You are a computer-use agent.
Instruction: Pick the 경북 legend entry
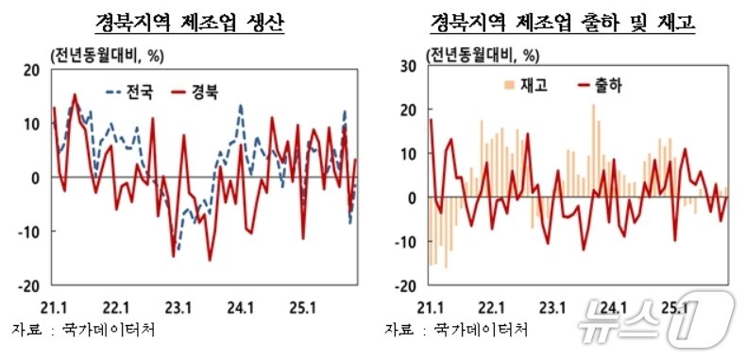[x=189, y=93]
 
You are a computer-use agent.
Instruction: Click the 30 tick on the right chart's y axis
[x=410, y=64]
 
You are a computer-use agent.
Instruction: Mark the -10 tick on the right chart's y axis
[x=406, y=242]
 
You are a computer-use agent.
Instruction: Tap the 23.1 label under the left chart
[x=178, y=307]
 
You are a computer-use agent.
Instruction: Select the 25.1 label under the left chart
[x=302, y=307]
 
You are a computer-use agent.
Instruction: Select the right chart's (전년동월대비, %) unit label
[x=485, y=55]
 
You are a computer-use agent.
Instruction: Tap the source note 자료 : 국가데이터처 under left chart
[x=83, y=330]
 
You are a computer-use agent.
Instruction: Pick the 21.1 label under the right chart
[x=431, y=307]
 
